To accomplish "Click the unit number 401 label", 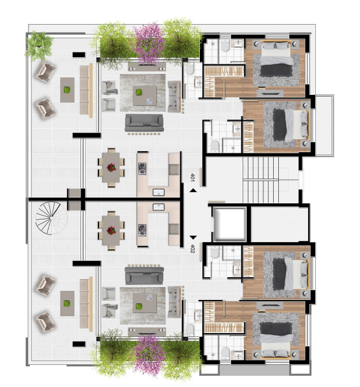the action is point(193,177).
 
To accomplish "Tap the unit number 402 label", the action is point(193,249).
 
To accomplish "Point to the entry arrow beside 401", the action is point(193,190).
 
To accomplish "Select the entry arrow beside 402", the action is point(193,238).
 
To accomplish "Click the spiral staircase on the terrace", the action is point(51,218).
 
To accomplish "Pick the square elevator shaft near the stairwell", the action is point(230,224).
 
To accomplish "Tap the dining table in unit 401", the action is point(111,168).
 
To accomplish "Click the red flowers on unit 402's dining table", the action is point(111,231).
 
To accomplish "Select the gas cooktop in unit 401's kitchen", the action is point(142,169).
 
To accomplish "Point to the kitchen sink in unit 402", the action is point(158,207).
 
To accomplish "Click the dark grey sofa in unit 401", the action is point(144,123).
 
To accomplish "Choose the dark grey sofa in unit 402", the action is point(144,275).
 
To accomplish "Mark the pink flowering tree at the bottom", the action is point(149,355).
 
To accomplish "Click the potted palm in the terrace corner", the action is point(39,45).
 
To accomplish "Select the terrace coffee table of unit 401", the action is point(67,90).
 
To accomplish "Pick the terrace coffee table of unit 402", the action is point(67,303).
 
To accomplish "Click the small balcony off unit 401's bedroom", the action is point(324,125).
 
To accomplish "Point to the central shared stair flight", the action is point(261,180).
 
